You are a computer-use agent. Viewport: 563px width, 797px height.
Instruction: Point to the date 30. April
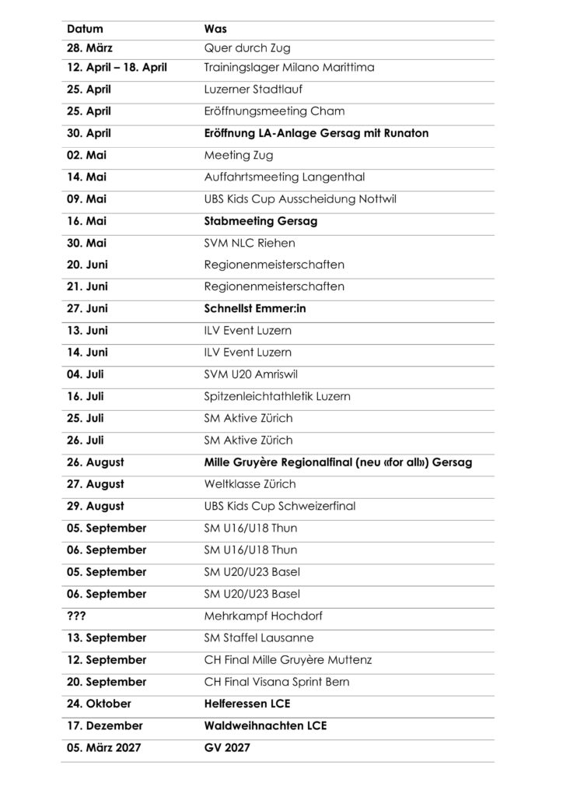[89, 133]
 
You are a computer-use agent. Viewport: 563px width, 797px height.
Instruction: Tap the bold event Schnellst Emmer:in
[255, 309]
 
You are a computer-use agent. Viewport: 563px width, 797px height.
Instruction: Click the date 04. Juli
[85, 374]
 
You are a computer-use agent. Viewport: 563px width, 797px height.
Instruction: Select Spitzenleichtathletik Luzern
[277, 396]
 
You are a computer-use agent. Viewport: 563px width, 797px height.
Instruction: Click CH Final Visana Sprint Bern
[276, 682]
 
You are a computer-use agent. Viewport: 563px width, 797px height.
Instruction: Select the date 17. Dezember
[104, 725]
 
